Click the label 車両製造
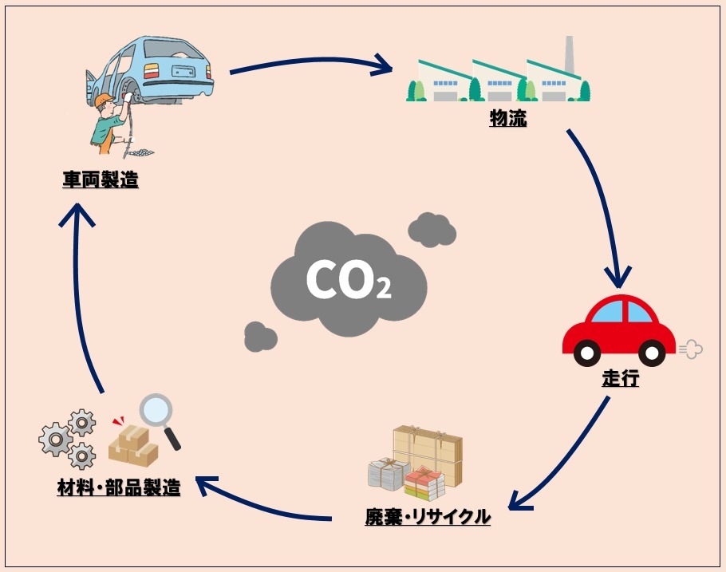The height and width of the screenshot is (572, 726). pos(101,180)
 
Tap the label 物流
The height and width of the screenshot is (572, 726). pos(507,120)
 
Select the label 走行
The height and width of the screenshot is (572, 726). pos(621,378)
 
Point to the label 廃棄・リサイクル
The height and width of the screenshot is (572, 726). pos(428,517)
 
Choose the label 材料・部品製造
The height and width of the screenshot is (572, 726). pos(118,487)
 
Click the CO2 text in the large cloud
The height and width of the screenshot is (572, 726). pos(348,281)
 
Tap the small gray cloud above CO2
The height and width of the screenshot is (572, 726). pos(432,230)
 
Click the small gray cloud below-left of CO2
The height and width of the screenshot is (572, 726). pos(260,337)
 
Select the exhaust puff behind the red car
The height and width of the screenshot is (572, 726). pos(690,349)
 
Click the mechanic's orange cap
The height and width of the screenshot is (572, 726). pos(104,101)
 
